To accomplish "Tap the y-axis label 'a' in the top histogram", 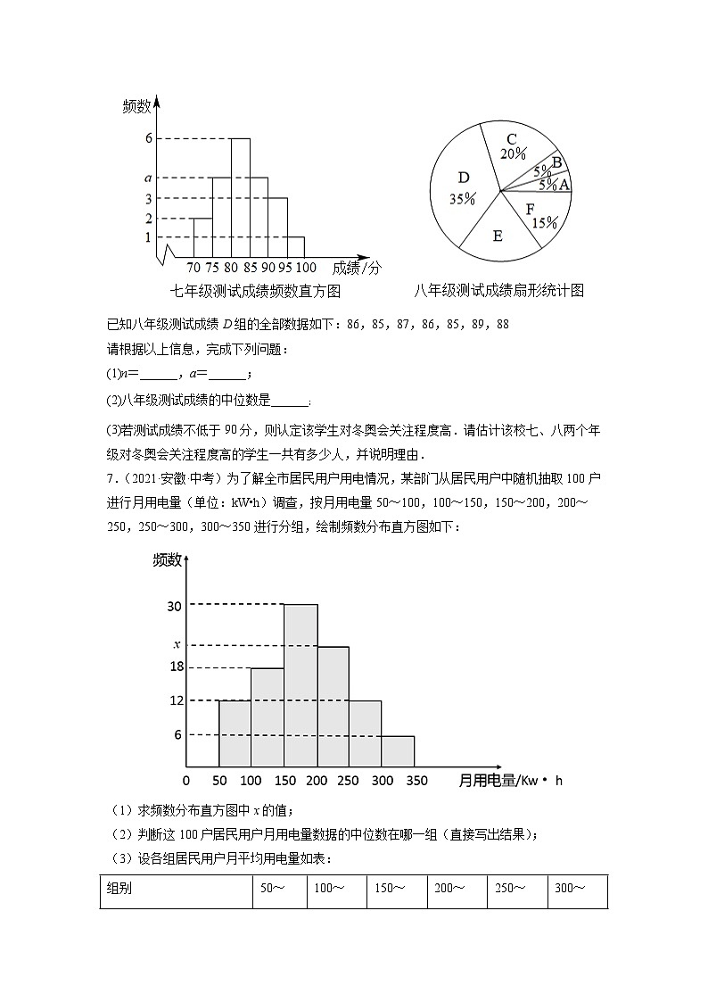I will coord(148,178).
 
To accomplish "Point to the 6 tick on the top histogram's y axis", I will coord(148,138).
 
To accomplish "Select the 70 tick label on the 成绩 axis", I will coord(193,267).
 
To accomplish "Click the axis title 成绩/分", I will coord(356,267).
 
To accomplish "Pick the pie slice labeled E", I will coord(498,235).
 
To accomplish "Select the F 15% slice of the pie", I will coord(539,215).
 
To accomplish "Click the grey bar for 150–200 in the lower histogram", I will coord(300,685).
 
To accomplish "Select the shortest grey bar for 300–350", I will coord(398,750).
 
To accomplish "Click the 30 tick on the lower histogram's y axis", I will coord(174,606).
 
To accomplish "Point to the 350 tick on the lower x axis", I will coord(415,781).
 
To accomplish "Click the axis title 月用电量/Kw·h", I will coord(510,781).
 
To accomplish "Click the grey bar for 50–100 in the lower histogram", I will coord(235,733).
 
